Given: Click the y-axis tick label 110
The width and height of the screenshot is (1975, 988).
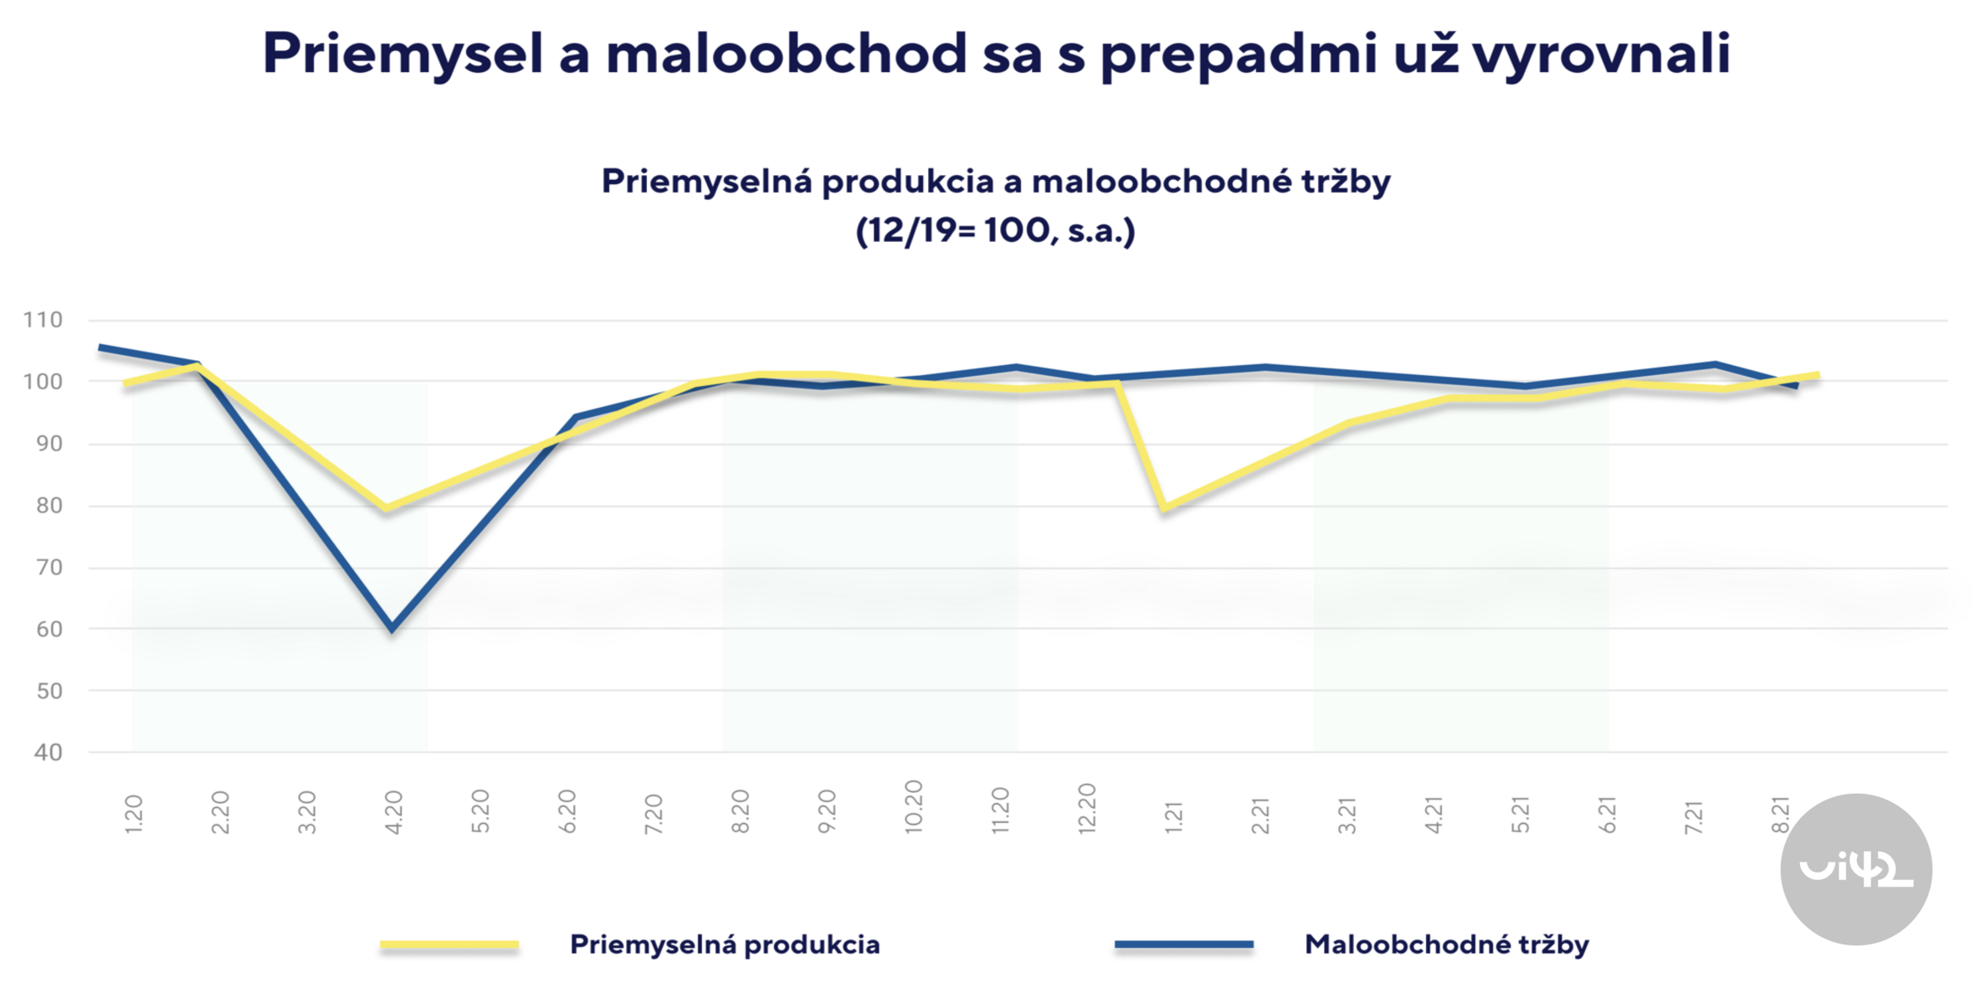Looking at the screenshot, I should point(43,320).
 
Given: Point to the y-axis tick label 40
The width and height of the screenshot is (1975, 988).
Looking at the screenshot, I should point(48,752).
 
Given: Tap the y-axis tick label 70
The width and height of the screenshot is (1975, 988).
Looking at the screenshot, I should point(49,568).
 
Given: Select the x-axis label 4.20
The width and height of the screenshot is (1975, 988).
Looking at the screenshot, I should point(393,811).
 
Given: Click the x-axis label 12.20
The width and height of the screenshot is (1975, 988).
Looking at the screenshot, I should point(1086,808).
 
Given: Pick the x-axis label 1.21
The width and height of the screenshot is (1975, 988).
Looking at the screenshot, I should point(1173,816).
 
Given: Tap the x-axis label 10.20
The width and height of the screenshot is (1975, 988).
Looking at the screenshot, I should point(913,806).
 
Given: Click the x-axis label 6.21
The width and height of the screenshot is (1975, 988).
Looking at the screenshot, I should point(1607,814).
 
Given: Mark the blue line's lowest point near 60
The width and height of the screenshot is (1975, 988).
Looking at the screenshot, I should point(392,628).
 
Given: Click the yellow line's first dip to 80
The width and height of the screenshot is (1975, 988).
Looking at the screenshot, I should point(386,508).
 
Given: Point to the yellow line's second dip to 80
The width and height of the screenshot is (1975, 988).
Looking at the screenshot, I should point(1165,508).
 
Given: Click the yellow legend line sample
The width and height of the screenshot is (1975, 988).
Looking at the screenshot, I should point(449,944).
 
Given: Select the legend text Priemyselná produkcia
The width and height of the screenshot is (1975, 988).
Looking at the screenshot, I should point(724,944).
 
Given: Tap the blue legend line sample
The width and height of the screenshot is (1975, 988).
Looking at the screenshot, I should point(1183,944).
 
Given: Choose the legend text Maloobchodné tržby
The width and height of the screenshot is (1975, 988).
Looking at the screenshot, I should point(1446,944).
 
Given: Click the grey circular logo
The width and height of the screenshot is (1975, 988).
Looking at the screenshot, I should point(1855,869).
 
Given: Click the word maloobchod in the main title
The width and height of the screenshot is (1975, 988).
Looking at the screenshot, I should point(786,54).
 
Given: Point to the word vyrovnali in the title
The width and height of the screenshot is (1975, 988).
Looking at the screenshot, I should point(1600,54).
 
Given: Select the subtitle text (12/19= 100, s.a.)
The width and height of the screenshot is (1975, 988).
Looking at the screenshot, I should point(995,230).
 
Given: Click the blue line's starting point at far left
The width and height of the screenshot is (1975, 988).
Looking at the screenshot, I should point(100,347).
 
